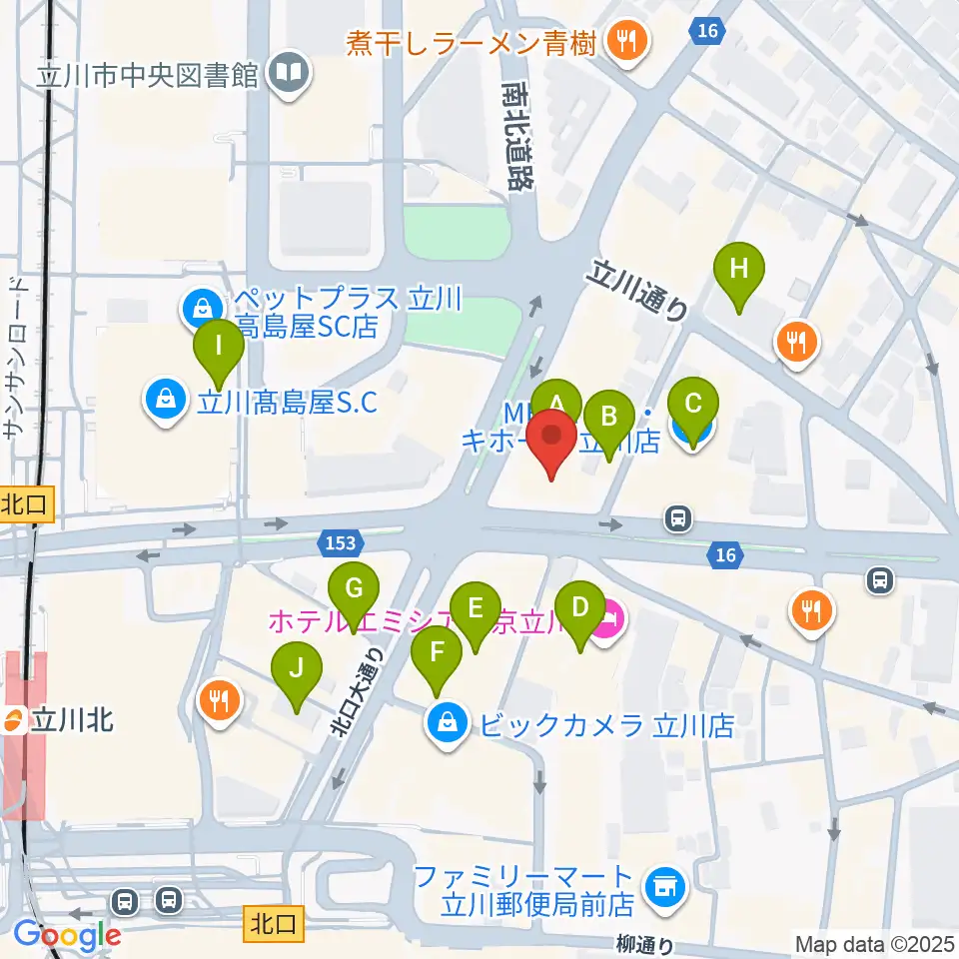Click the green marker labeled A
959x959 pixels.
(556, 403)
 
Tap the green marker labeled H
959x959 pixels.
(738, 269)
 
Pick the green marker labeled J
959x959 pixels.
(297, 668)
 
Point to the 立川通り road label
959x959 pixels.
(640, 290)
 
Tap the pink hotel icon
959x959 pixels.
(607, 625)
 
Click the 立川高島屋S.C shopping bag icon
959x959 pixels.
(166, 402)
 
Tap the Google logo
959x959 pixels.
(67, 936)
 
